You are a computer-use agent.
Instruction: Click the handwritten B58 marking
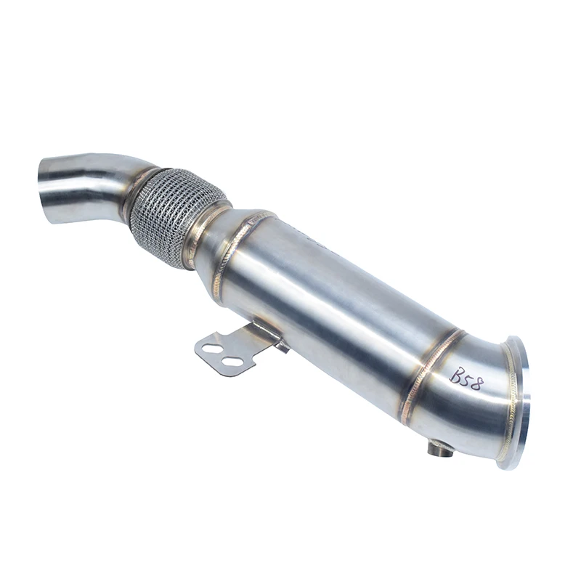pyautogui.click(x=466, y=378)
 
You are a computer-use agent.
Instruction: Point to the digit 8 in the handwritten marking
pyautogui.click(x=476, y=383)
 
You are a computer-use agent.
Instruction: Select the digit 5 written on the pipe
pyautogui.click(x=466, y=378)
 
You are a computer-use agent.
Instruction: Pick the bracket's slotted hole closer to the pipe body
pyautogui.click(x=232, y=361)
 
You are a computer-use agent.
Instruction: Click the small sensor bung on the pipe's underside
pyautogui.click(x=440, y=450)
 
